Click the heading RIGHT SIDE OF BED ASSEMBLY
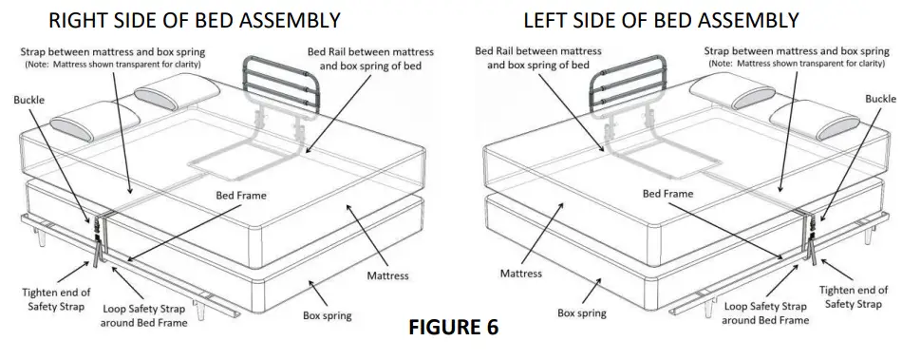coord(182,18)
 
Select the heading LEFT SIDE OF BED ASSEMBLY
coord(661,18)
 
